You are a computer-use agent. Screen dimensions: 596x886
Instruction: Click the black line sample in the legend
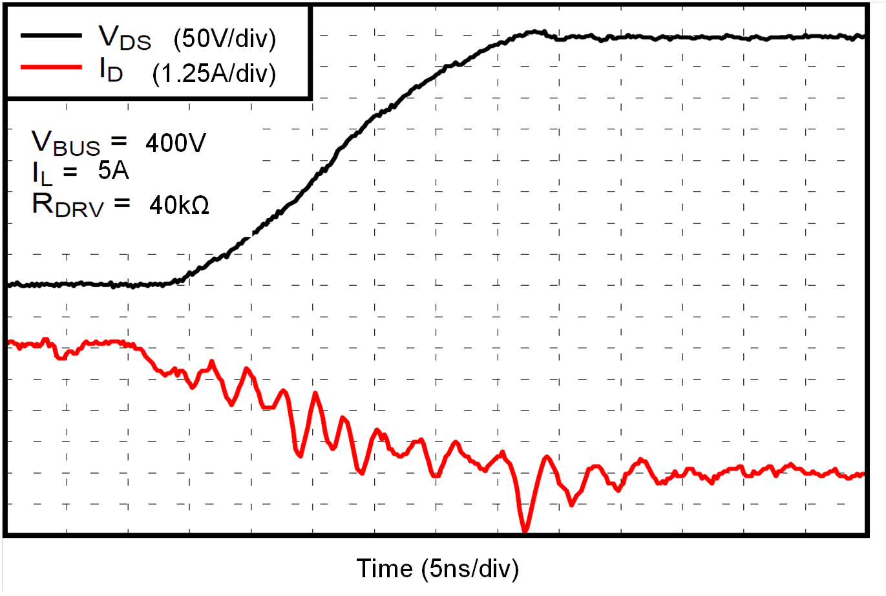pyautogui.click(x=51, y=36)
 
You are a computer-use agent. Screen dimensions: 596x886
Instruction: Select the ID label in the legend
pyautogui.click(x=111, y=70)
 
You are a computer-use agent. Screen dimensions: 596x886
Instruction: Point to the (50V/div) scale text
pyautogui.click(x=224, y=39)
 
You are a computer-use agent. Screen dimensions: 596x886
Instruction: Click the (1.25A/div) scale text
pyautogui.click(x=214, y=74)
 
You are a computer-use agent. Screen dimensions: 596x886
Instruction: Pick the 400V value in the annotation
pyautogui.click(x=175, y=143)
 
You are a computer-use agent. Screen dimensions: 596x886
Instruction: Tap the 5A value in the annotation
pyautogui.click(x=113, y=171)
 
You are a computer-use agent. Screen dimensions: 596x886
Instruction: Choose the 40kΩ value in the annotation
pyautogui.click(x=179, y=206)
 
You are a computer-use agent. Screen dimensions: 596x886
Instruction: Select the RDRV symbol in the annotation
pyautogui.click(x=67, y=206)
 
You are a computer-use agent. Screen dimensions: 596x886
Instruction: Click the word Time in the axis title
pyautogui.click(x=385, y=569)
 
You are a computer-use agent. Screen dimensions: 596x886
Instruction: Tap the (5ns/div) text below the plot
pyautogui.click(x=470, y=569)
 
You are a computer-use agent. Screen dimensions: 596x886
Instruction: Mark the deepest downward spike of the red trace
pyautogui.click(x=525, y=531)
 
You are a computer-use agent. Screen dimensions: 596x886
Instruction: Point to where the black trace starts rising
pyautogui.click(x=173, y=282)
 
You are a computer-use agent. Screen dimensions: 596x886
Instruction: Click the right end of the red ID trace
pyautogui.click(x=863, y=474)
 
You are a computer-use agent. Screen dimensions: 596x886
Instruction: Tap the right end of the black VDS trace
pyautogui.click(x=863, y=37)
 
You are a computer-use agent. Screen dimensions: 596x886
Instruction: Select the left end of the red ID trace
pyautogui.click(x=9, y=342)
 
